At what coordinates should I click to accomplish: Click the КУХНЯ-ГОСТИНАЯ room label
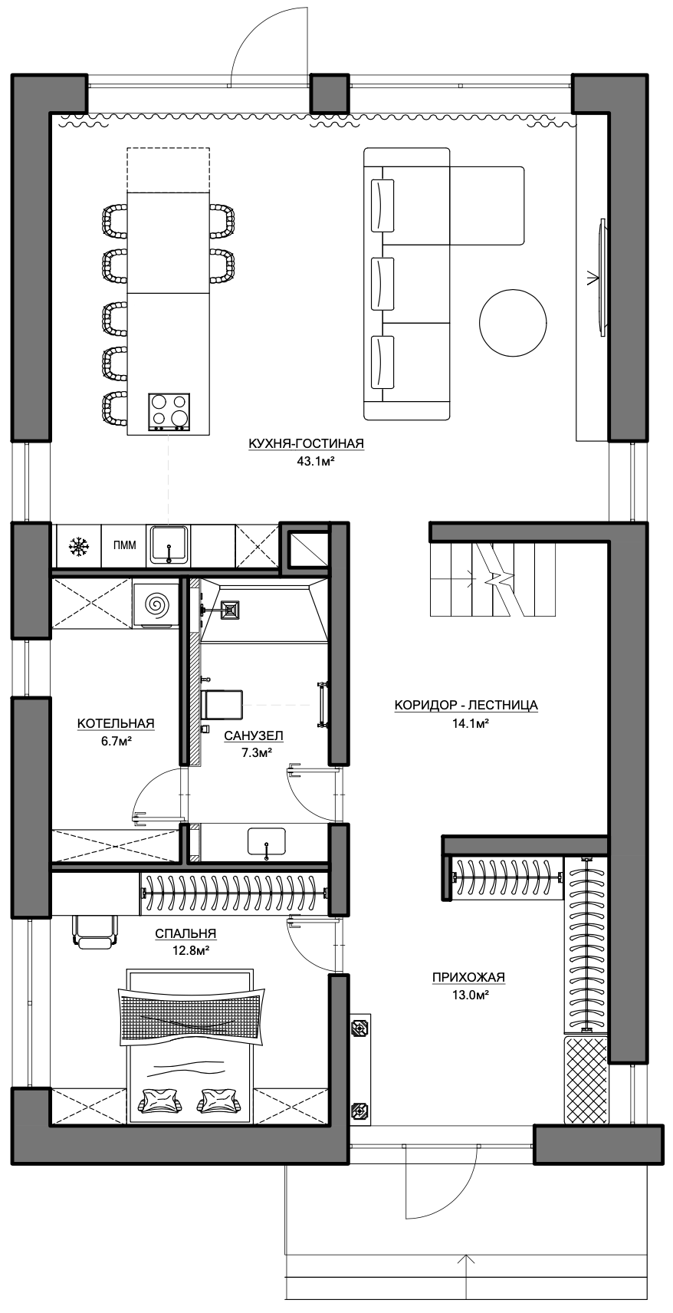[306, 444]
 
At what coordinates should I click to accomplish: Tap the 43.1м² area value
[315, 461]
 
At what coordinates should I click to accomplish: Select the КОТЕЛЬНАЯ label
[116, 723]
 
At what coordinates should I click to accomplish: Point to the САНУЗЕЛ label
[254, 735]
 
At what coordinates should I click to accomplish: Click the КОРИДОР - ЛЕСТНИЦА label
[465, 705]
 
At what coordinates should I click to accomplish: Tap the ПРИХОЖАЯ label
[468, 977]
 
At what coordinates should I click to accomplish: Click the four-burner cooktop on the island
[169, 412]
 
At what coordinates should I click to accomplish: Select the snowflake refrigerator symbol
[77, 547]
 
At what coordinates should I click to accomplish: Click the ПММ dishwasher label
[124, 546]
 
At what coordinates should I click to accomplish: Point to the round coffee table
[513, 322]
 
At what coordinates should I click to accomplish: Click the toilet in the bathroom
[222, 705]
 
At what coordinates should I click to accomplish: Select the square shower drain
[229, 610]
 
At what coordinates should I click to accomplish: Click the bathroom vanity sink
[267, 841]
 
